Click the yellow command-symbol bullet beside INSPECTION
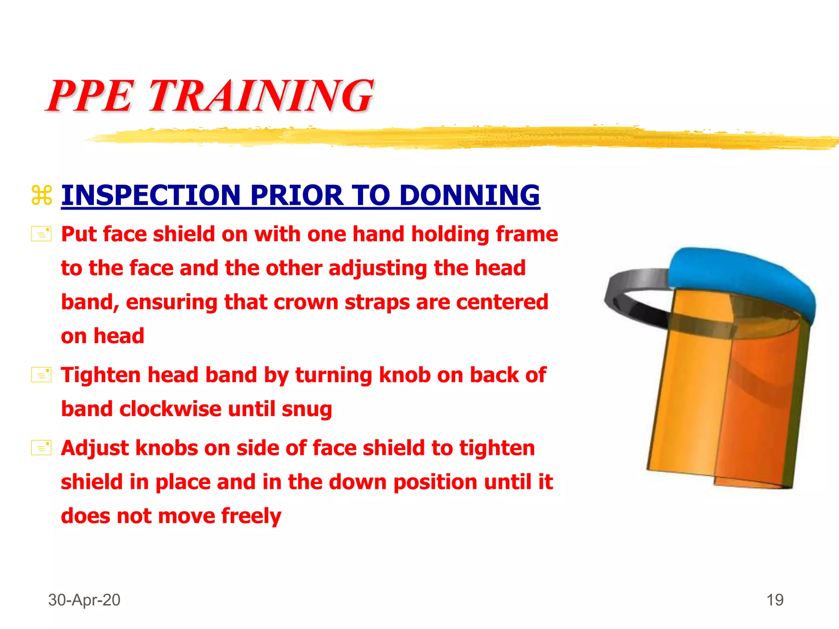[42, 195]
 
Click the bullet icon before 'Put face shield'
[41, 234]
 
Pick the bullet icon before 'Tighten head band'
[41, 375]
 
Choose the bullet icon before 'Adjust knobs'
[41, 448]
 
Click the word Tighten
[101, 375]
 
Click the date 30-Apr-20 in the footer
[84, 600]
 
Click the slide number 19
[775, 600]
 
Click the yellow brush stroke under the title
[451, 137]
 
